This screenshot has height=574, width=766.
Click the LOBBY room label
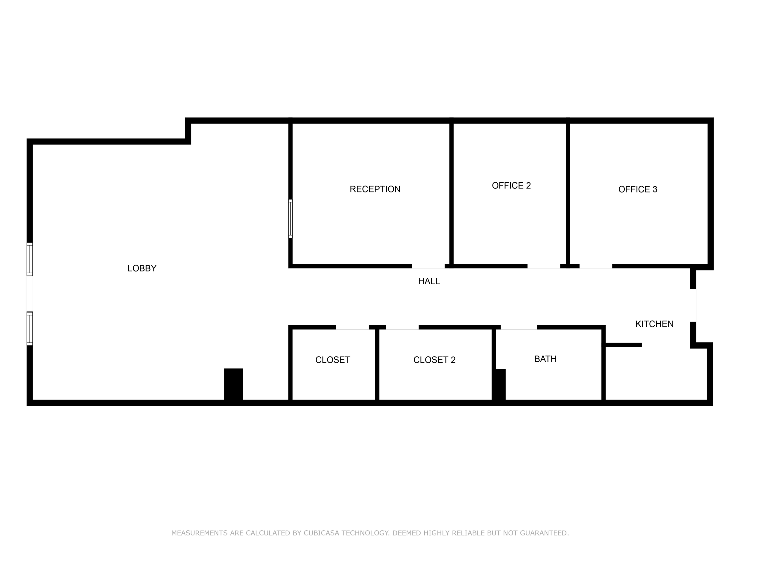click(x=142, y=268)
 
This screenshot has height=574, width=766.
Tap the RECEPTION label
click(x=375, y=189)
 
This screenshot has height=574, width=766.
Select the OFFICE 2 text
click(x=511, y=186)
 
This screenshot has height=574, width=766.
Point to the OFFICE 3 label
click(x=638, y=189)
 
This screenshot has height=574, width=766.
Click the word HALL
click(x=429, y=281)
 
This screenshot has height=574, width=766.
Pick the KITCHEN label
click(x=654, y=324)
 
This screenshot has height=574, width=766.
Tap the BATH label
click(x=545, y=359)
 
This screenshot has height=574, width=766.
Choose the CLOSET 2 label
click(x=434, y=360)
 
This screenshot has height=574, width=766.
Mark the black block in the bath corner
click(x=500, y=385)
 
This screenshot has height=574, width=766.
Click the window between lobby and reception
click(x=291, y=218)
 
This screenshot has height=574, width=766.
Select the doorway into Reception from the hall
click(x=428, y=266)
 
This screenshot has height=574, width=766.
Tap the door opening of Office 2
click(x=543, y=266)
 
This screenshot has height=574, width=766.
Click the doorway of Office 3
click(x=596, y=266)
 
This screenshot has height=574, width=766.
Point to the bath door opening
click(x=519, y=327)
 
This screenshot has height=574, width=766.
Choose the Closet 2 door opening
click(x=402, y=327)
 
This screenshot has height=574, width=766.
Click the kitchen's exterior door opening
click(x=693, y=305)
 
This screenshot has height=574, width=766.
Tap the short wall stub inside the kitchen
click(x=623, y=345)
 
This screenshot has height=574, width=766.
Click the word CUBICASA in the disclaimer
click(x=321, y=533)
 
